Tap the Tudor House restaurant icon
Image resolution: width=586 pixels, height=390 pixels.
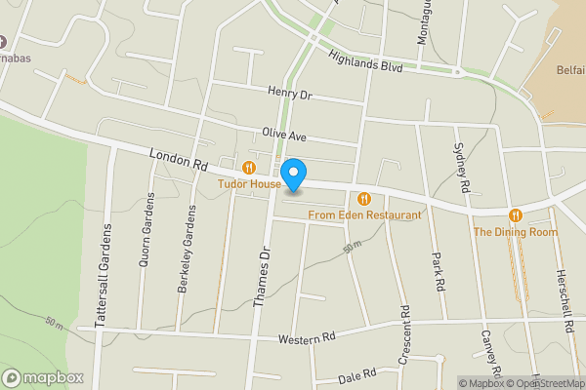click(250, 168)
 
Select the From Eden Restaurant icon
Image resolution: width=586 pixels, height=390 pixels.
click(364, 199)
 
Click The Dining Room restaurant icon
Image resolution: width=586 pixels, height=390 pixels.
click(515, 215)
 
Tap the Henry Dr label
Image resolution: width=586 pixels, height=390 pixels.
click(288, 94)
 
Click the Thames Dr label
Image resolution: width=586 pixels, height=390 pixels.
click(261, 278)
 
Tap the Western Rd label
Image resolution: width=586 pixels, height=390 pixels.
click(306, 337)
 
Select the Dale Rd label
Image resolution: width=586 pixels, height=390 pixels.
click(356, 373)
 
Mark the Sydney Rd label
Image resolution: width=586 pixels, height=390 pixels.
click(462, 167)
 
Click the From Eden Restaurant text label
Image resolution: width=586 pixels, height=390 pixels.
click(364, 214)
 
